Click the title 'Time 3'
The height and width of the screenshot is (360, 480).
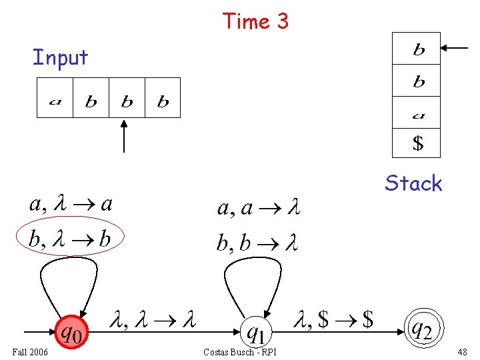pyautogui.click(x=255, y=21)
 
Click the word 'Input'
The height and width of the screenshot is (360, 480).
pyautogui.click(x=60, y=57)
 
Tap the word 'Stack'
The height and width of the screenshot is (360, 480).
pyautogui.click(x=413, y=183)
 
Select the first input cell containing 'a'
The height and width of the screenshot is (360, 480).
pyautogui.click(x=55, y=98)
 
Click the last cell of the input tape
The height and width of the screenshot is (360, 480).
pyautogui.click(x=163, y=98)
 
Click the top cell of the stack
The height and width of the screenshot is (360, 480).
pyautogui.click(x=417, y=49)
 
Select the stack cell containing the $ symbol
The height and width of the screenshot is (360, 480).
pyautogui.click(x=417, y=143)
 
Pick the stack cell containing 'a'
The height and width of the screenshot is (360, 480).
pyautogui.click(x=417, y=113)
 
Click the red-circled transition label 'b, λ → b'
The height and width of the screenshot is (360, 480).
pyautogui.click(x=70, y=237)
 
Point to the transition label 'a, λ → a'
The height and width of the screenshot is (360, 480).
pyautogui.click(x=70, y=203)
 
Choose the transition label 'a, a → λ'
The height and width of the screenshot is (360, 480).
pyautogui.click(x=259, y=208)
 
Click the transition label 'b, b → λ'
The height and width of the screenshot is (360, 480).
pyautogui.click(x=257, y=242)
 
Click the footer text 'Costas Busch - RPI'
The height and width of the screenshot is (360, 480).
pyautogui.click(x=240, y=351)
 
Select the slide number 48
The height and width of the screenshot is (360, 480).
pyautogui.click(x=463, y=351)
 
